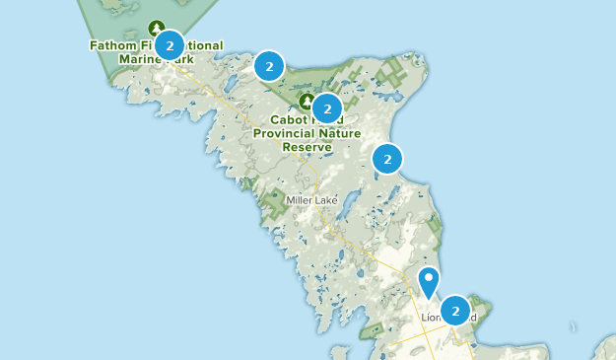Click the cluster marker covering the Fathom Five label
[171, 45]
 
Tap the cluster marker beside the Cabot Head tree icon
[327, 108]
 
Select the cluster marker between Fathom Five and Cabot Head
[268, 66]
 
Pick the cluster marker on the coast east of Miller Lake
[387, 158]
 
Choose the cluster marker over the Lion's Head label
[455, 311]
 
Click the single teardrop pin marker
[429, 281]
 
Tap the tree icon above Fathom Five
[156, 29]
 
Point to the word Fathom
[111, 45]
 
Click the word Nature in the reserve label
[339, 133]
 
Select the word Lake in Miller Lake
[326, 200]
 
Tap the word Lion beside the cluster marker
[431, 319]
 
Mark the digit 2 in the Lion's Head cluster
[455, 311]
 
